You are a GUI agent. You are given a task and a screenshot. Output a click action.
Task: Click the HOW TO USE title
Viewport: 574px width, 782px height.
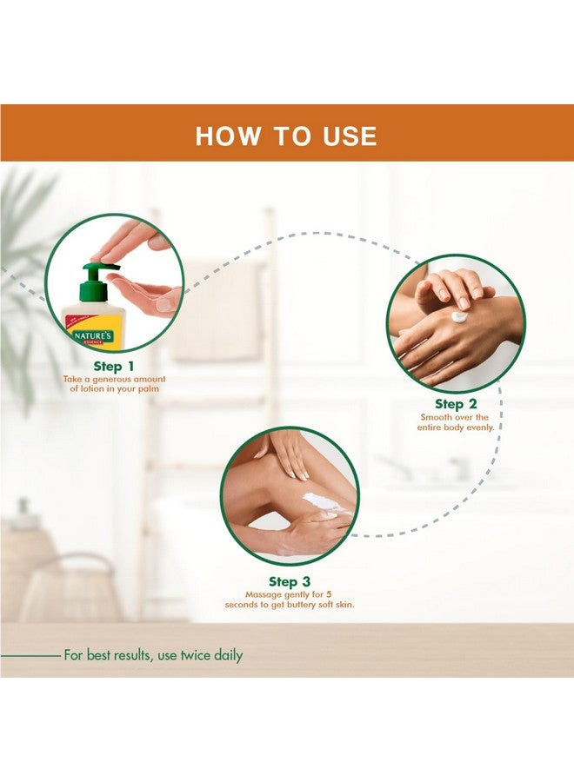coord(286,136)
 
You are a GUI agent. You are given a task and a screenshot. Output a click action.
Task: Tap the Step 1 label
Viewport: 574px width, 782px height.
coord(114,367)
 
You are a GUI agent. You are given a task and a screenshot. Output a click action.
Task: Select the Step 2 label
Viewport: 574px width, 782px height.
coord(456,404)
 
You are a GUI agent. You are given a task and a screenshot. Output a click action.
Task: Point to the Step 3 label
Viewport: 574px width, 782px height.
coord(290,581)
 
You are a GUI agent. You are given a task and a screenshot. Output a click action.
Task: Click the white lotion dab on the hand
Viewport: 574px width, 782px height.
coord(459,316)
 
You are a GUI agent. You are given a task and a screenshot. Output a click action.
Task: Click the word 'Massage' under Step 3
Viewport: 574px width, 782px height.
coord(263,595)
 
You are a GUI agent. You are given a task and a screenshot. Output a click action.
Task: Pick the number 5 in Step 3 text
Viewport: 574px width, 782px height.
coord(329,594)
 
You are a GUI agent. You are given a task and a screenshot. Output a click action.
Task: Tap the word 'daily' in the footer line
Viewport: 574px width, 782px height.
coord(229,655)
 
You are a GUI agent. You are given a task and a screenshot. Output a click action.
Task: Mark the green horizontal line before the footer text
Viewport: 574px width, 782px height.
coord(30,656)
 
